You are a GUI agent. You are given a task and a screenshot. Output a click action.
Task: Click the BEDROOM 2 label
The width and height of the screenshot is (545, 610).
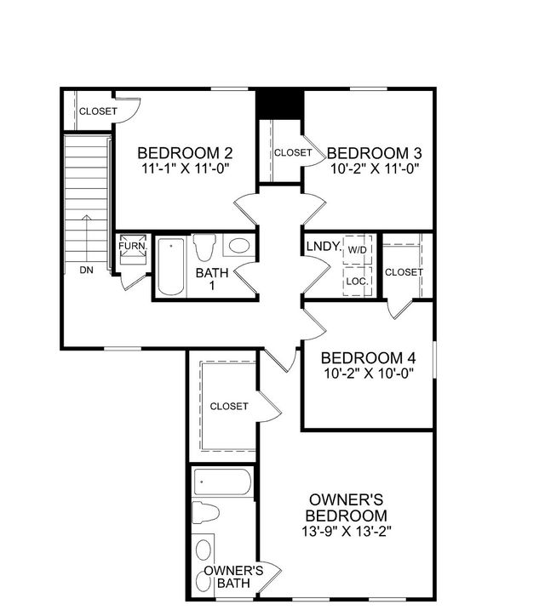click(185, 153)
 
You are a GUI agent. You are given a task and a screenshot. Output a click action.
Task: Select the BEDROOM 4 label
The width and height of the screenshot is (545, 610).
click(368, 356)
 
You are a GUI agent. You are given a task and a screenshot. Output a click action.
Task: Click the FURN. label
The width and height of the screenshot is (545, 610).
click(133, 246)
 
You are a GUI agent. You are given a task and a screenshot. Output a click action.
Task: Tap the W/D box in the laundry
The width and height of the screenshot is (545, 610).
click(356, 249)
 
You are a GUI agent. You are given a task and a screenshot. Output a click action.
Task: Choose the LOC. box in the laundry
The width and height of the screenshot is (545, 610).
click(356, 279)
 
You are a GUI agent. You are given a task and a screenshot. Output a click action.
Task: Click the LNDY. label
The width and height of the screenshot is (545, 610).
click(324, 248)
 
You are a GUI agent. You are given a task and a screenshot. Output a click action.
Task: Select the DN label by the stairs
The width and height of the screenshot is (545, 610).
click(86, 271)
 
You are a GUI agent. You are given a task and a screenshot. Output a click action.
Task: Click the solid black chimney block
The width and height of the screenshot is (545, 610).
click(280, 105)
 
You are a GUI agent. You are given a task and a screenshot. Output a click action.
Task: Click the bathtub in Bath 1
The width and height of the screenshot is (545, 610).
click(171, 266)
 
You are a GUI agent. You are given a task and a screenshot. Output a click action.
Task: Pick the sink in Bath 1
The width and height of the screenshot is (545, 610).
click(239, 247)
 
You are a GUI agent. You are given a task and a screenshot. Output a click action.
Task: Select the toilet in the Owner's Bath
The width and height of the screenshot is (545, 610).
click(205, 513)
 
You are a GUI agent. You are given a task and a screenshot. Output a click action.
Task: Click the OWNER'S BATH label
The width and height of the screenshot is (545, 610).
click(232, 576)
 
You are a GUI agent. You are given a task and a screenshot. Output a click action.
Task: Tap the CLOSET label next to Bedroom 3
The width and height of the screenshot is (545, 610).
click(293, 153)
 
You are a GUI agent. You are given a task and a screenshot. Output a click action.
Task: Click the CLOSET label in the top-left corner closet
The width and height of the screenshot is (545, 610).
click(99, 111)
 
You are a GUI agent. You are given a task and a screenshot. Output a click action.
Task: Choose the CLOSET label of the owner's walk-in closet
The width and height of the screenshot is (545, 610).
click(229, 407)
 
